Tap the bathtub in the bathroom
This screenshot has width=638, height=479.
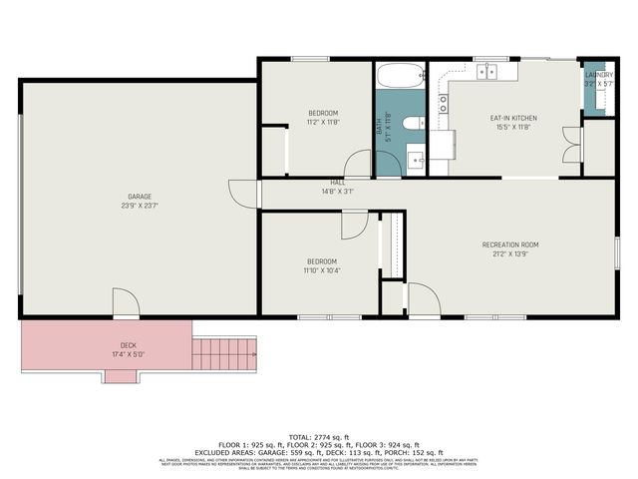pos(400,76)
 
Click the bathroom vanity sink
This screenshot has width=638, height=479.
pos(416,156)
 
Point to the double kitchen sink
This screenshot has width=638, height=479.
pos(488,71)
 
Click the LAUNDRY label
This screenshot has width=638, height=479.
pos(598,75)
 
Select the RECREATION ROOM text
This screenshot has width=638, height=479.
pos(510,244)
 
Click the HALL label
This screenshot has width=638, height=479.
pos(338,183)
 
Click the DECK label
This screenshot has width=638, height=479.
pos(129,344)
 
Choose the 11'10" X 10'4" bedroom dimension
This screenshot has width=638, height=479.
pos(322,270)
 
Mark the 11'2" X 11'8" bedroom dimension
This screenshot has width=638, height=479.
pos(322,122)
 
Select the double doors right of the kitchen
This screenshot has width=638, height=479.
pos(569,145)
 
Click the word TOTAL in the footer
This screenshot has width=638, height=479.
pos(300,437)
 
